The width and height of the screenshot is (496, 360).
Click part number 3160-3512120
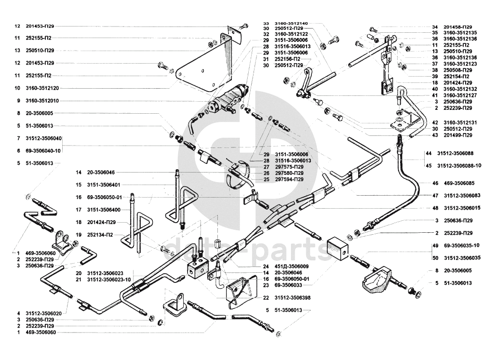point(42,88)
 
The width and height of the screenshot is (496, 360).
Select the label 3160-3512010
point(42,101)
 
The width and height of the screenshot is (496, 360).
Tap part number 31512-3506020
point(42,313)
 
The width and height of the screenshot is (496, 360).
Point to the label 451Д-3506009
point(292,267)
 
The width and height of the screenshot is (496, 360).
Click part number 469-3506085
point(459,183)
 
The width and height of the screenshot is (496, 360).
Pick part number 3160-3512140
point(291,24)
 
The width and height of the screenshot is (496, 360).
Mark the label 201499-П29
point(458,135)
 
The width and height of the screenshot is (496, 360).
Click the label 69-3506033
point(288,285)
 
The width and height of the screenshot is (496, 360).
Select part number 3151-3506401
point(104,185)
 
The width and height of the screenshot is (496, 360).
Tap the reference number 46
point(435,183)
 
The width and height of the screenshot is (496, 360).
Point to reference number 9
point(19,101)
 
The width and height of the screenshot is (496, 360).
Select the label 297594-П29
point(289,179)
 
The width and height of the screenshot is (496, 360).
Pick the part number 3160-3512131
point(460,122)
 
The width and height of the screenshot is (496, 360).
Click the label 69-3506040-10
point(43,151)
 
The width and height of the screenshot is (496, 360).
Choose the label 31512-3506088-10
point(459,165)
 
